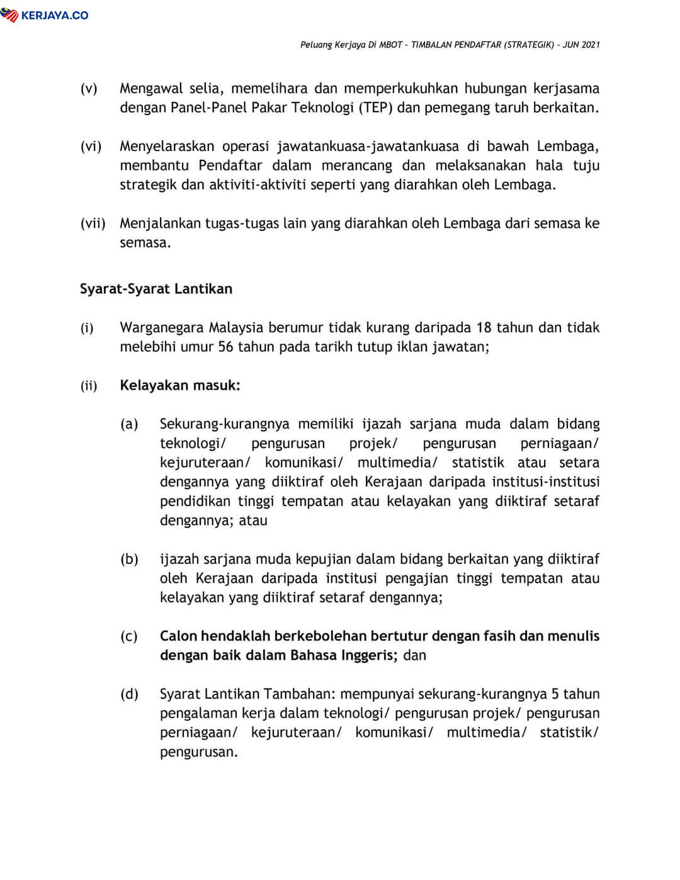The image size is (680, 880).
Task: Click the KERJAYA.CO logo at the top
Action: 45,14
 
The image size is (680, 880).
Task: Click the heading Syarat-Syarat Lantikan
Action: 156,289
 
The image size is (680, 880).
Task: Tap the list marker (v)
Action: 89,88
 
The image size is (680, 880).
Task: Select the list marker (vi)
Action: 91,147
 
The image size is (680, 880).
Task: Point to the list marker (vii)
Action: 93,223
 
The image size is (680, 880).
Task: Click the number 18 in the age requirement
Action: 484,327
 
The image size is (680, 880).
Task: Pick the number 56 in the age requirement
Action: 226,347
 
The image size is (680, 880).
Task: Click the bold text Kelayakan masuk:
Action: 180,385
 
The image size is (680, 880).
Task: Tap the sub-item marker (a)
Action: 129,424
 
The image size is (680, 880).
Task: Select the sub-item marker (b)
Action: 129,559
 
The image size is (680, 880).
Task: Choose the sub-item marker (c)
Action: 129,636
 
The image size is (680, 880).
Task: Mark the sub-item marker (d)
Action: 129,694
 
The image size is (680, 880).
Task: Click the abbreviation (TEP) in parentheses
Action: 376,108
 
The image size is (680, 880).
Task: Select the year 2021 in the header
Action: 590,45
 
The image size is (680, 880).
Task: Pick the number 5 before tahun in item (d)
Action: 555,694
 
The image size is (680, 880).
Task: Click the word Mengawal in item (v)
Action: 150,88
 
